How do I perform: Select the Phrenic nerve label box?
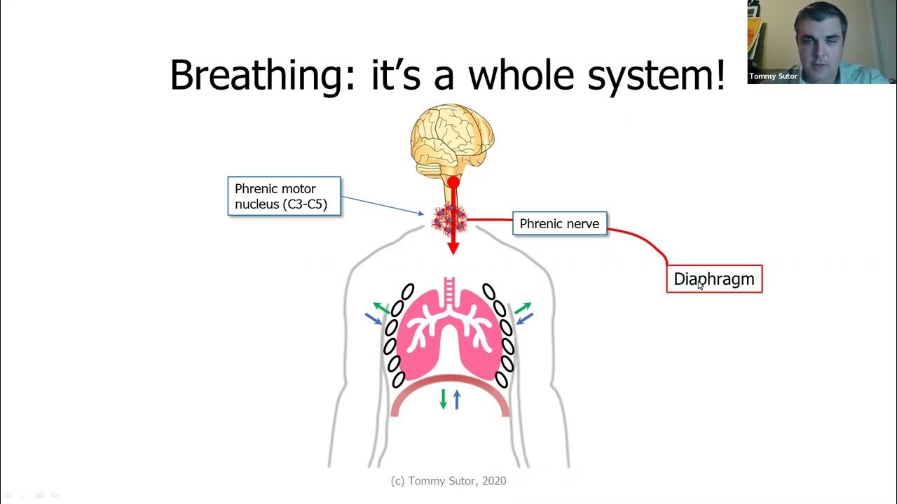559,223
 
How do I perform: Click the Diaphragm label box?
714,279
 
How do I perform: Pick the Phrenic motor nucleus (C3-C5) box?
285,196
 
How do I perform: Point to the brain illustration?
452,140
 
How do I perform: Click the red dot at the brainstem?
453,183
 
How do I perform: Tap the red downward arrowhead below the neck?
453,248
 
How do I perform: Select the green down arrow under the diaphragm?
443,399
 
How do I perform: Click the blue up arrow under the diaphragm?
456,400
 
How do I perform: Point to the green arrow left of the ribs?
381,308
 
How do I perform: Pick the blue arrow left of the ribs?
374,318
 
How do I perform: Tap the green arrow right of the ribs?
523,308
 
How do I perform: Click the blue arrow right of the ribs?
525,318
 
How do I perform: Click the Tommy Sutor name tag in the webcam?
773,76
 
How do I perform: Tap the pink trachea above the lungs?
449,292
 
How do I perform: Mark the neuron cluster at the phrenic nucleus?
449,220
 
